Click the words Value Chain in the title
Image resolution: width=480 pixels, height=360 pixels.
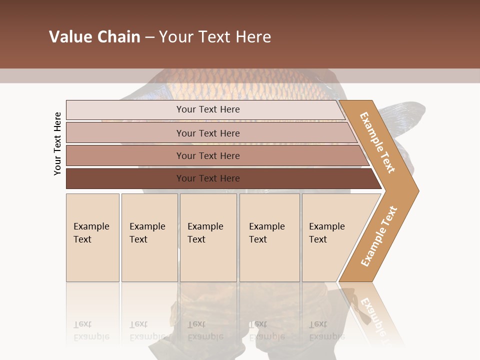(x=94, y=37)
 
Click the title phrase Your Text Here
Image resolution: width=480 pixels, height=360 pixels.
(x=215, y=37)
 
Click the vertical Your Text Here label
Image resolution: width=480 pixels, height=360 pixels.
(x=57, y=143)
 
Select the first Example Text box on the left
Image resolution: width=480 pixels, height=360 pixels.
(x=92, y=237)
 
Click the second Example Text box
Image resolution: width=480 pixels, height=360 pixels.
(x=149, y=237)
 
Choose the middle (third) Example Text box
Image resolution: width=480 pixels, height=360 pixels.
(x=208, y=237)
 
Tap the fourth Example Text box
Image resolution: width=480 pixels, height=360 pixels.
(x=269, y=237)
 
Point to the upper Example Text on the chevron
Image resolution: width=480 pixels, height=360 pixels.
(x=377, y=142)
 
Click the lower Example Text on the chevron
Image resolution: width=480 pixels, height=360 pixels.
(x=378, y=236)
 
